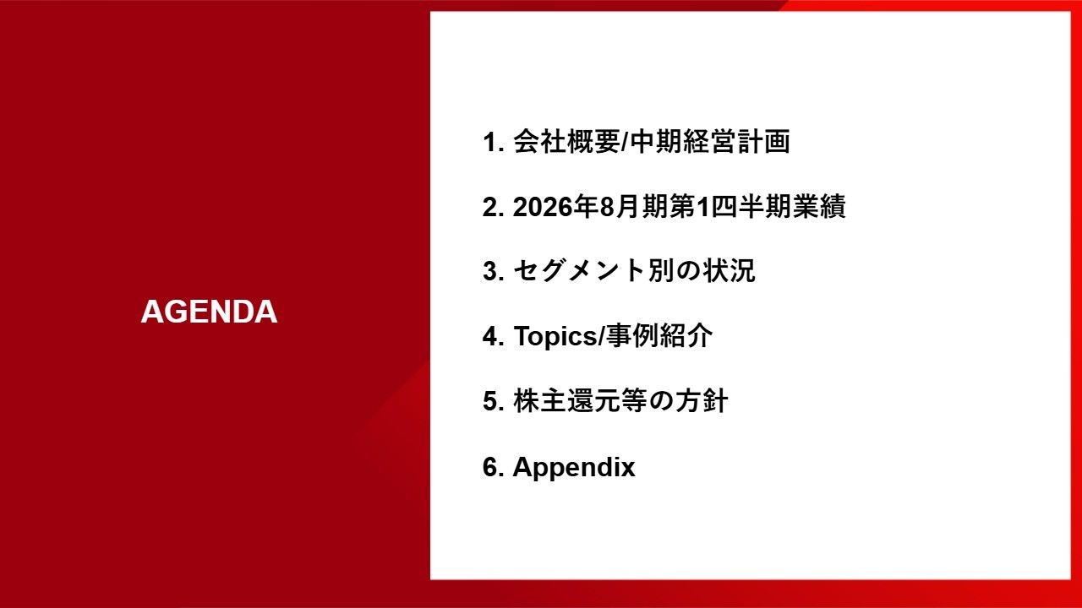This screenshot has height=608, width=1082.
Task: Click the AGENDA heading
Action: coord(209,312)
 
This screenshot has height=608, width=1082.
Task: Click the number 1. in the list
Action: coord(494,143)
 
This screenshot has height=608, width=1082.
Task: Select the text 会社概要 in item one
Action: coord(566,142)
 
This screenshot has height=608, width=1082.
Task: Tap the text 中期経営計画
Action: coord(711,142)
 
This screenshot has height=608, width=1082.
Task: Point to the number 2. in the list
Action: coord(494,207)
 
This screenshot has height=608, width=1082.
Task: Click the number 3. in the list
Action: coord(494,272)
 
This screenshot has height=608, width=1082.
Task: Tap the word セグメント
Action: coord(579,271)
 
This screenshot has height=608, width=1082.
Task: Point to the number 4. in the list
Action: coord(494,336)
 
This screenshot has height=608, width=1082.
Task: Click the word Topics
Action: coord(555,337)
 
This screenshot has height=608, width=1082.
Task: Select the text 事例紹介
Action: coord(659,336)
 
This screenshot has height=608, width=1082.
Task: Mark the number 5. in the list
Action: coord(494,401)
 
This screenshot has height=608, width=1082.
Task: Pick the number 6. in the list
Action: coord(494,467)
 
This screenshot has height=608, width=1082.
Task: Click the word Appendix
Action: coord(574,468)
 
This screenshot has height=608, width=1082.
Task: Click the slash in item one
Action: coord(626,143)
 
